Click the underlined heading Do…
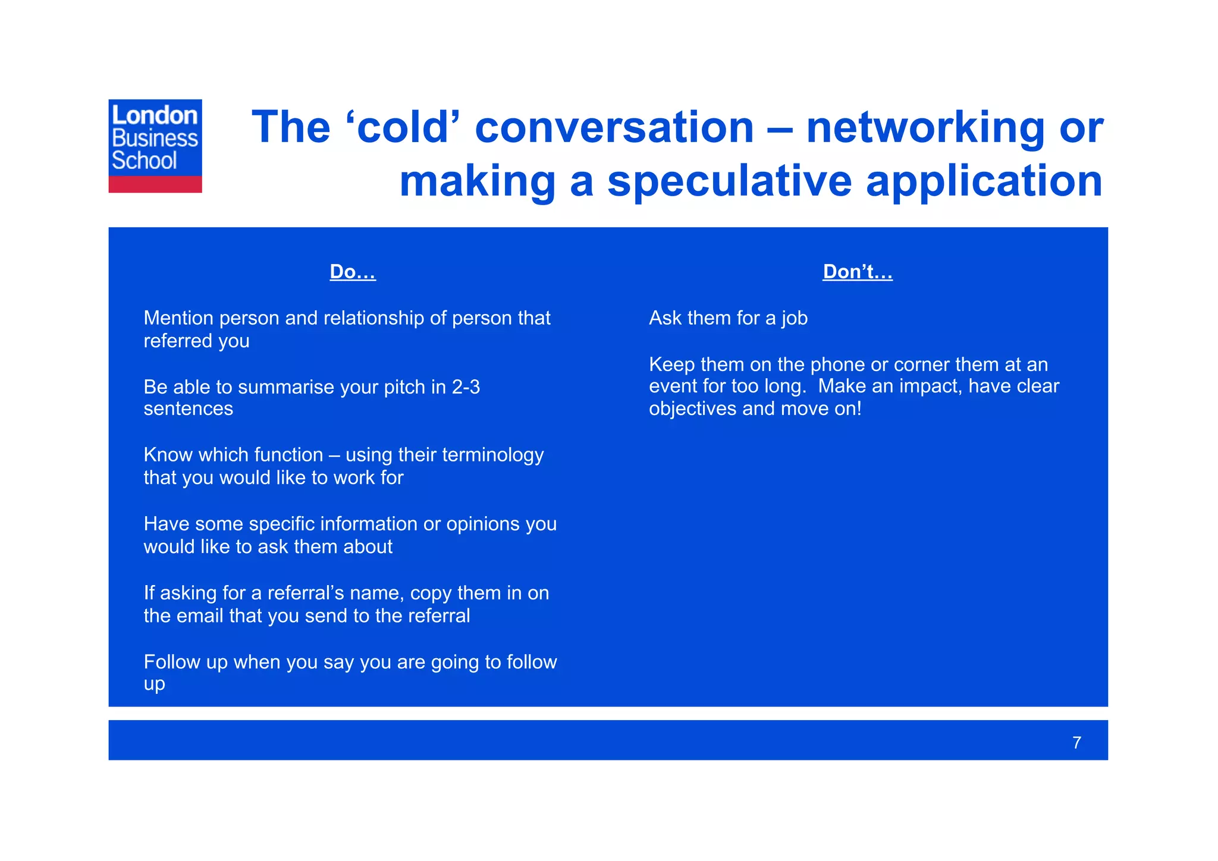click(x=353, y=272)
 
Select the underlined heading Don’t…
click(x=857, y=272)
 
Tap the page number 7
click(x=1076, y=743)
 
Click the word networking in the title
click(x=925, y=127)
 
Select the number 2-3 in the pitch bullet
click(x=466, y=387)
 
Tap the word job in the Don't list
click(x=794, y=319)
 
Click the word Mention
click(x=178, y=318)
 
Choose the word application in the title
click(x=984, y=181)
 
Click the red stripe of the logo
click(x=155, y=184)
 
